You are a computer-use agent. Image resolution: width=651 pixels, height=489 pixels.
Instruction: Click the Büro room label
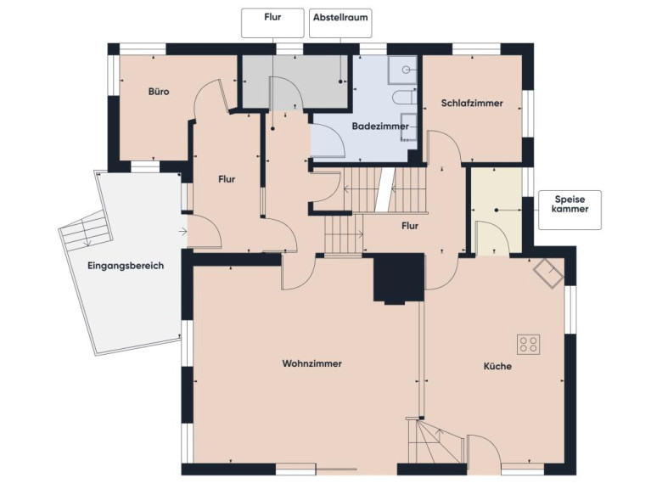[159, 92]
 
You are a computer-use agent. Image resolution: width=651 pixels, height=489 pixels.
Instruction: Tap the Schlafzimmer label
[472, 103]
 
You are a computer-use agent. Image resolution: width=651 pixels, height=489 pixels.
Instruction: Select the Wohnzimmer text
[311, 363]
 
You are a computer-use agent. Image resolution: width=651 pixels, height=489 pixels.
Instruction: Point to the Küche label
[497, 366]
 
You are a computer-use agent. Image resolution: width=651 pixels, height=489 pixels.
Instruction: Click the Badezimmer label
[380, 126]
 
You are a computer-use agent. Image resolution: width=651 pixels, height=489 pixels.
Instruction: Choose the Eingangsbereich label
[126, 266]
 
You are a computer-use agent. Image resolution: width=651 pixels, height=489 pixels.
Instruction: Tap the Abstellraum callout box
[340, 23]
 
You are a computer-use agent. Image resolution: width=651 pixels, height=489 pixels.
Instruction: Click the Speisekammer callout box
[570, 210]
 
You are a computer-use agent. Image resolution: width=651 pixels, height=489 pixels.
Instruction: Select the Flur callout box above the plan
[272, 23]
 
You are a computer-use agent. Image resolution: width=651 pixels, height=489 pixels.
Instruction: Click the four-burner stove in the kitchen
[529, 344]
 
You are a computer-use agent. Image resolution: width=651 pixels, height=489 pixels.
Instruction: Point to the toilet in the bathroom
[404, 98]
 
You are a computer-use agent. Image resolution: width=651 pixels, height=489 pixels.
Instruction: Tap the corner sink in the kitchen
[548, 273]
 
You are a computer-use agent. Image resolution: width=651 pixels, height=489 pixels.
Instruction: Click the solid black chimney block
[399, 278]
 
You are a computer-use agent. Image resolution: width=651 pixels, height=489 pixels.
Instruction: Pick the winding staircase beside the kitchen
[435, 441]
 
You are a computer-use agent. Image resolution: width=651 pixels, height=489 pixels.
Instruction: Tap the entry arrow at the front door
[182, 231]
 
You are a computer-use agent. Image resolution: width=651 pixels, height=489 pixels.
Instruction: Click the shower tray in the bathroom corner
[402, 70]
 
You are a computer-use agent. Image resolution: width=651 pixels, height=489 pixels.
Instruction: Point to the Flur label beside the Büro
[227, 179]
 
